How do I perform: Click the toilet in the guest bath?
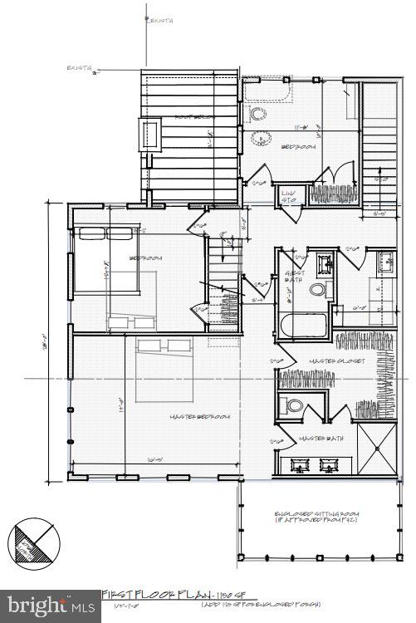coord(316,290)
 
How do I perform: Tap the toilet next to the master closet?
coord(292,406)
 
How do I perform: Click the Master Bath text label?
coord(316,438)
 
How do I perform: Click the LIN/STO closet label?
coord(289,197)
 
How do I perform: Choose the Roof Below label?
coord(188,117)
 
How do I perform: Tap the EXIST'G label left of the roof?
coord(80,70)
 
